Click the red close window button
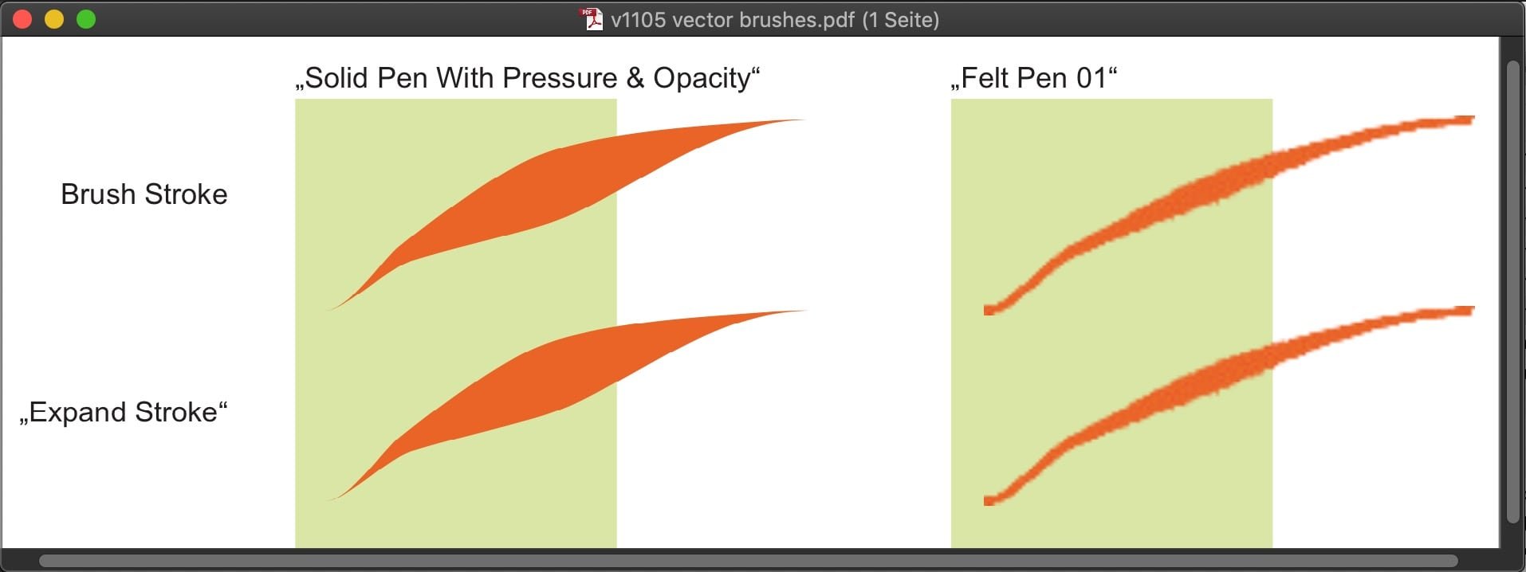point(22,19)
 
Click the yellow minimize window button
point(54,19)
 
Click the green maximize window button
point(86,19)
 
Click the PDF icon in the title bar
point(592,19)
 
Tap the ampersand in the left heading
point(635,78)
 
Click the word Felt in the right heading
point(983,78)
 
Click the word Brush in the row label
point(97,194)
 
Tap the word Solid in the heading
point(336,78)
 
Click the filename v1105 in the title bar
point(638,19)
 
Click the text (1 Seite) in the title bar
point(900,19)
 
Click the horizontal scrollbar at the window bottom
point(748,561)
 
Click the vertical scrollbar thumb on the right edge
point(1512,292)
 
